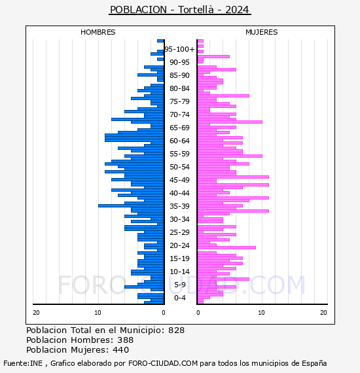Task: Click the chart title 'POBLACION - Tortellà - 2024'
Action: click(x=179, y=10)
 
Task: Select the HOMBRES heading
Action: click(x=98, y=32)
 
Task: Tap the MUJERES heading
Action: click(x=262, y=32)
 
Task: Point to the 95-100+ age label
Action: click(x=179, y=49)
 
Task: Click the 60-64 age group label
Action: click(x=179, y=141)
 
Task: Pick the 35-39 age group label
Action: click(x=179, y=206)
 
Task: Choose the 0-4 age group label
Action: click(x=179, y=298)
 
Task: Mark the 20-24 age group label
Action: click(x=179, y=245)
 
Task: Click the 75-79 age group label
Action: click(x=179, y=101)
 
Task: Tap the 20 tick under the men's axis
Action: click(x=36, y=313)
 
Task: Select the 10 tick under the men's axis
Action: click(x=98, y=313)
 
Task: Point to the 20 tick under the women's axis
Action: click(x=323, y=313)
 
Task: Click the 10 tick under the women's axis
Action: click(x=262, y=313)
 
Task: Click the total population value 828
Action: click(x=176, y=330)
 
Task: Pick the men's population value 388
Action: click(x=126, y=340)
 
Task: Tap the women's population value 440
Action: click(x=120, y=350)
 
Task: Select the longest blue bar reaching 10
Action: click(x=131, y=205)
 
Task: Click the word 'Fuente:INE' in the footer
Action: click(x=23, y=363)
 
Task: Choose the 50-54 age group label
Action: click(x=179, y=167)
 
